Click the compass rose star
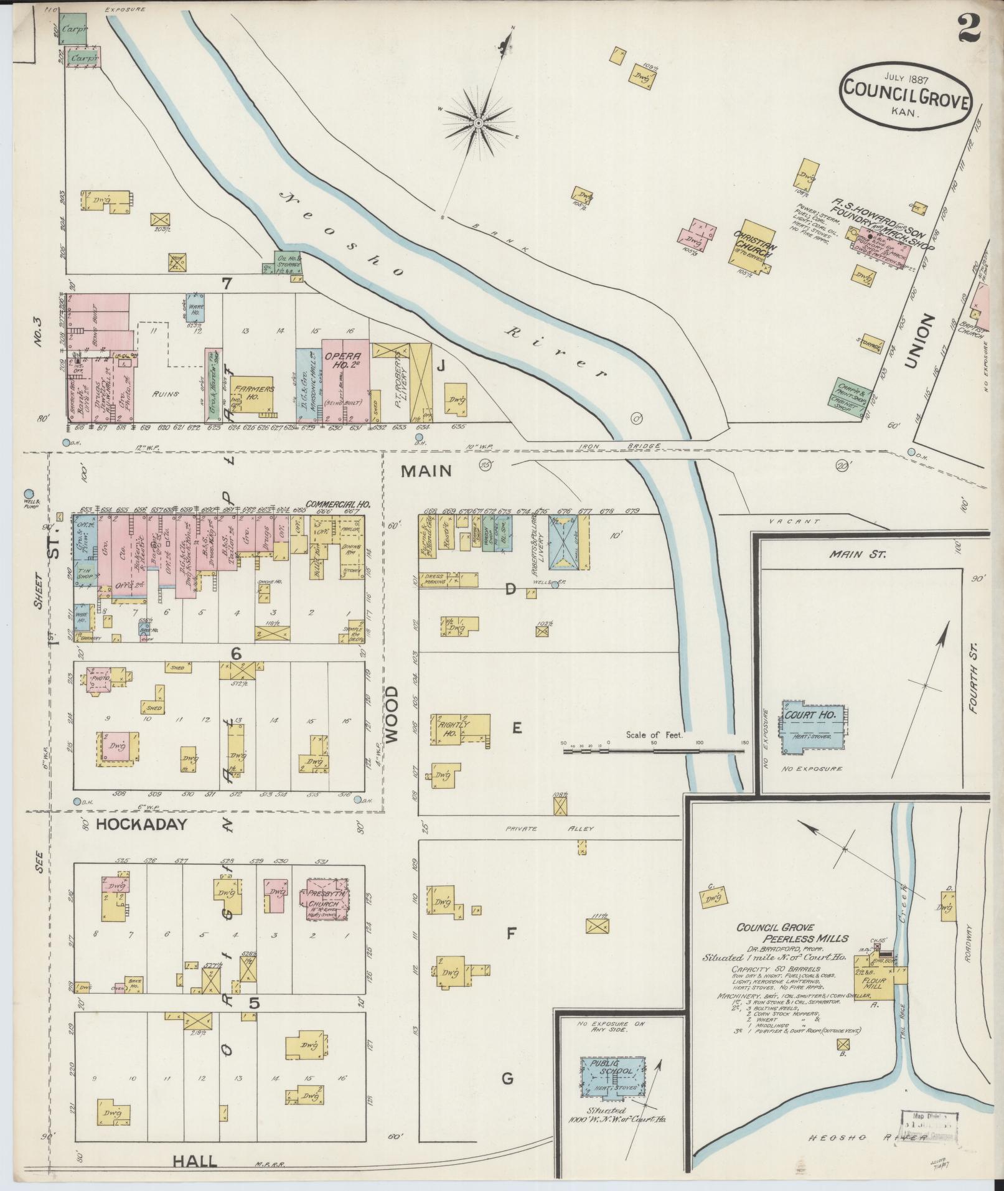click(x=479, y=123)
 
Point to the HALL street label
click(x=195, y=1161)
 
